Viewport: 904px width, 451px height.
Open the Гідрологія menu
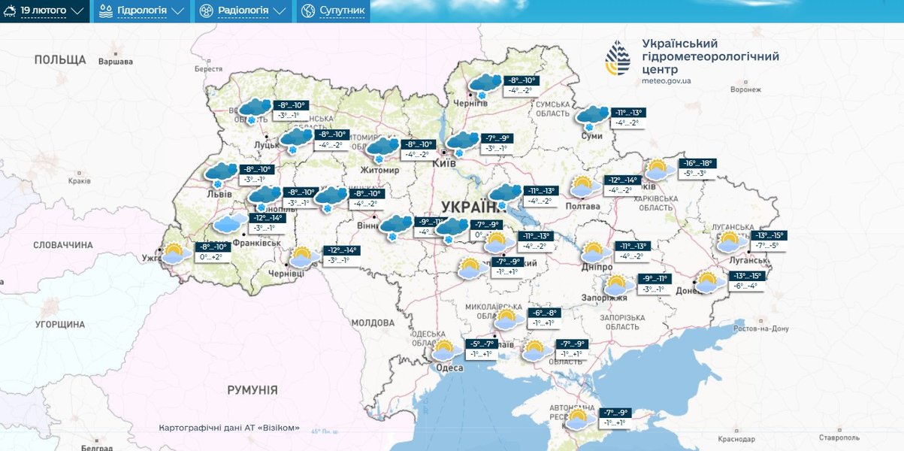141,11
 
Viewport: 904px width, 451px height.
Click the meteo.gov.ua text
666,80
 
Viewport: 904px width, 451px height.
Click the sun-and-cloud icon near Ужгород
175,253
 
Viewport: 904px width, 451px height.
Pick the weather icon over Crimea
579,419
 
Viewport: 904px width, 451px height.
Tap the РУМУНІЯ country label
252,390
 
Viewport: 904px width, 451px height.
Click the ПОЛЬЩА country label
60,59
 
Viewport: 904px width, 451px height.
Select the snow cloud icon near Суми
592,117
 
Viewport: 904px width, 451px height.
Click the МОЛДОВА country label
372,322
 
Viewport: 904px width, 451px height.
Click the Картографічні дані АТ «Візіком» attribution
229,428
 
